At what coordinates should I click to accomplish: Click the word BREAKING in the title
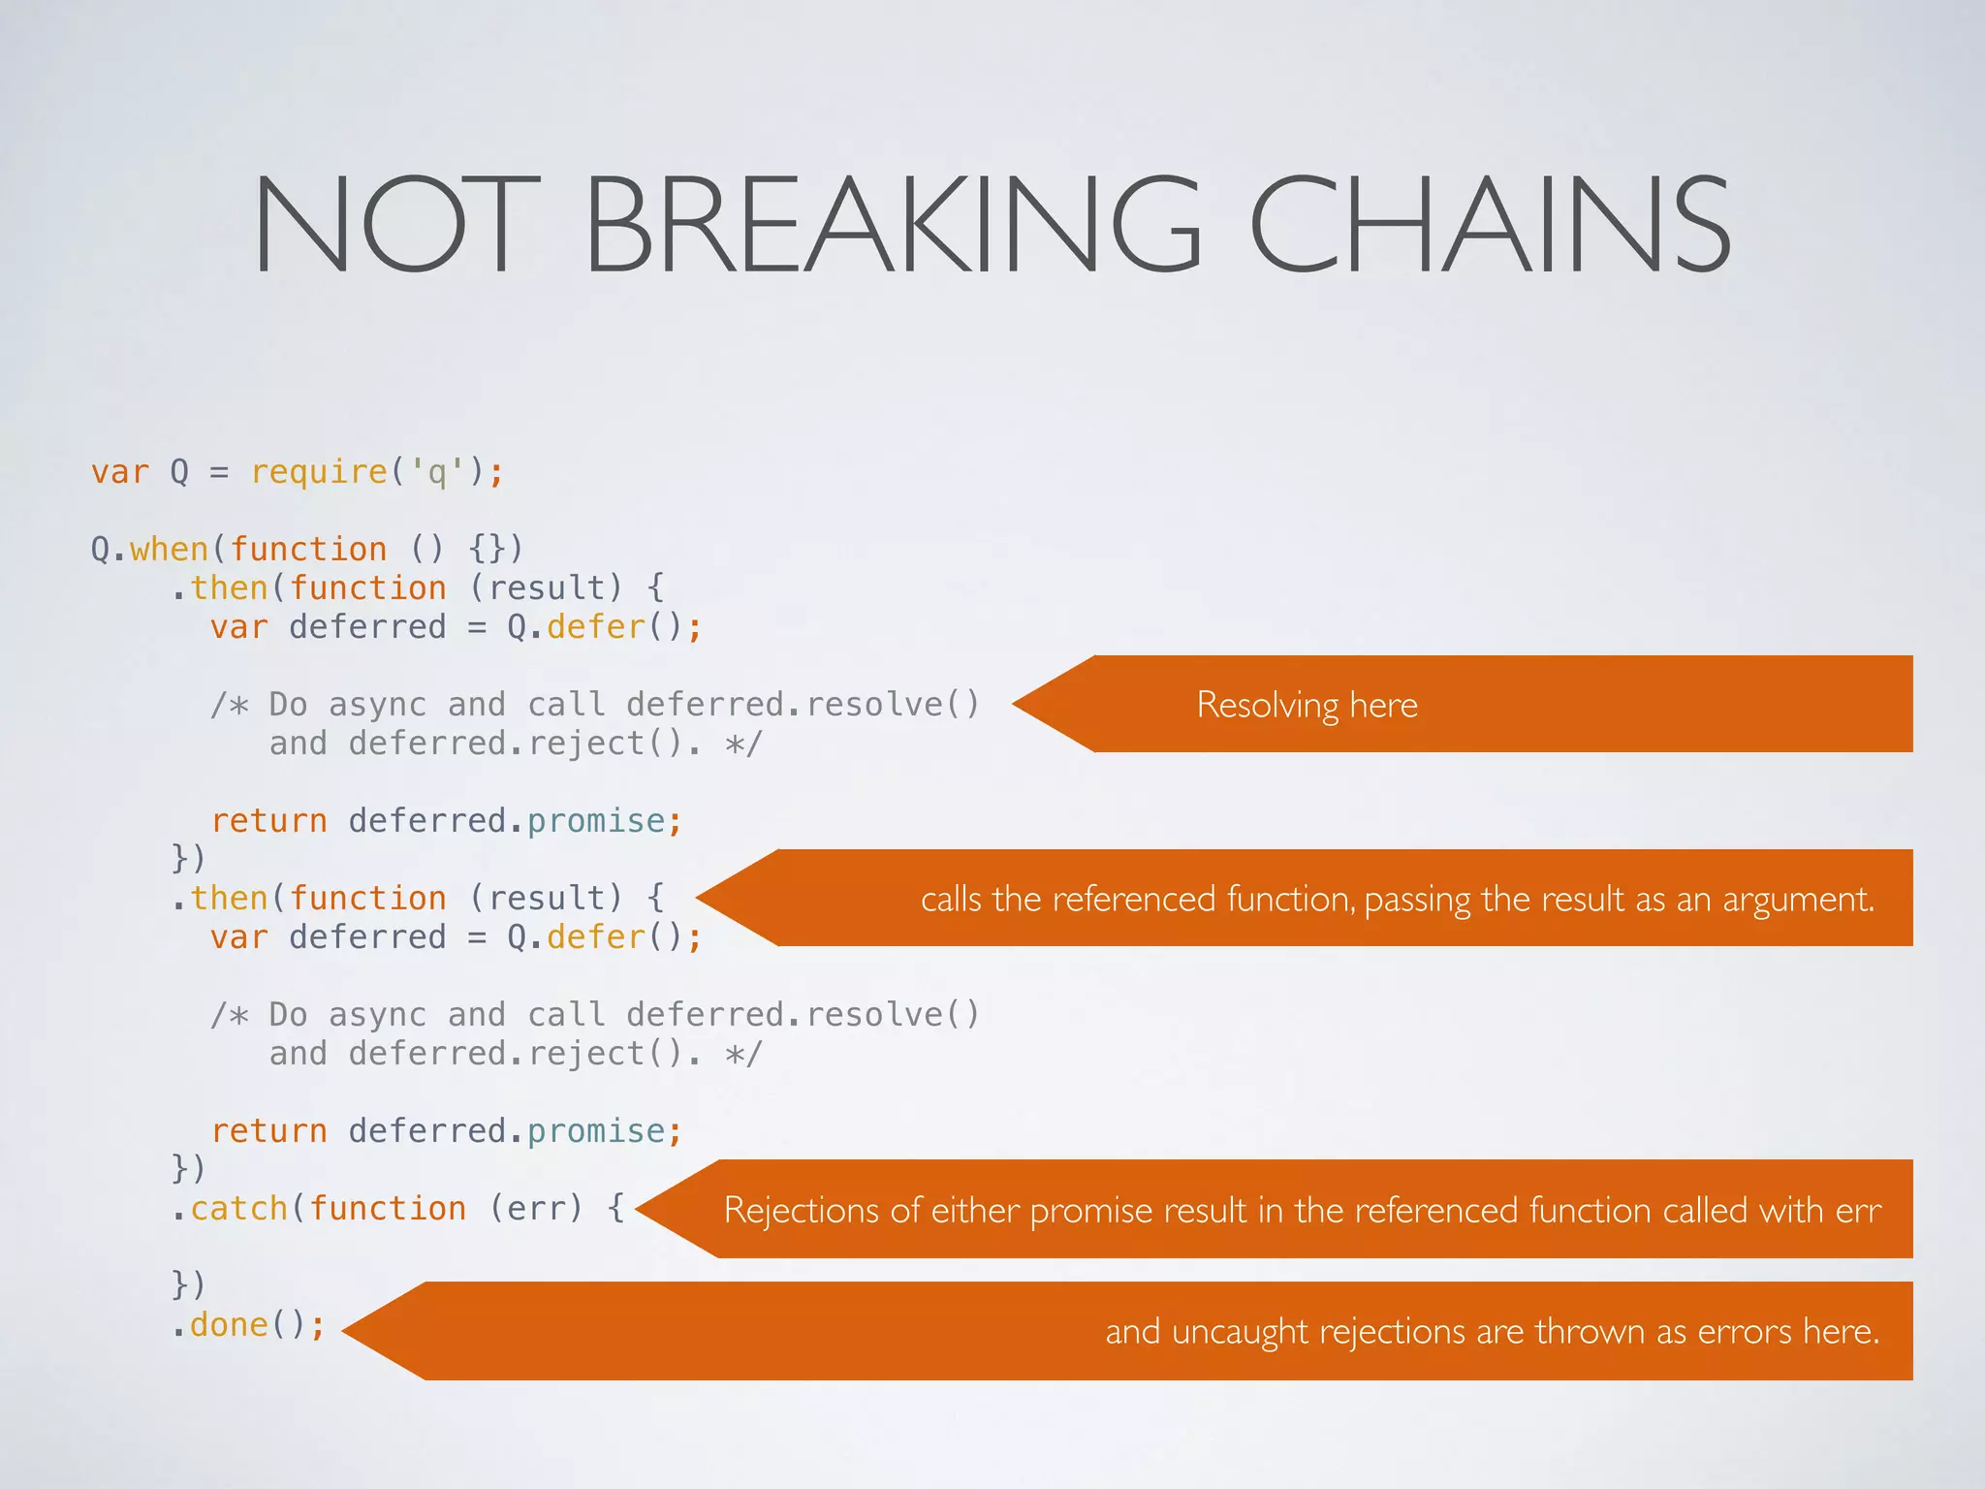(x=892, y=225)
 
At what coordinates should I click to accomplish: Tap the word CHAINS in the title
(x=1491, y=225)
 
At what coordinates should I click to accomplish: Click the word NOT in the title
(x=395, y=225)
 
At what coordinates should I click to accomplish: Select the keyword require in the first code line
(x=319, y=472)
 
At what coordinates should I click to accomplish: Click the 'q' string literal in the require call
(x=437, y=472)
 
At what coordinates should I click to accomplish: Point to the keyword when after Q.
(x=170, y=550)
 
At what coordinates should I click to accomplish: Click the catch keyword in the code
(x=239, y=1209)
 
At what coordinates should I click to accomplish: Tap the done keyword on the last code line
(x=229, y=1325)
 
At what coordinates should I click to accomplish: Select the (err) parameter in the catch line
(x=536, y=1209)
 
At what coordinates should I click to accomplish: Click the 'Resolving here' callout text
(x=1307, y=705)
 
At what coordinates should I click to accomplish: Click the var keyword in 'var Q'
(x=120, y=472)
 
